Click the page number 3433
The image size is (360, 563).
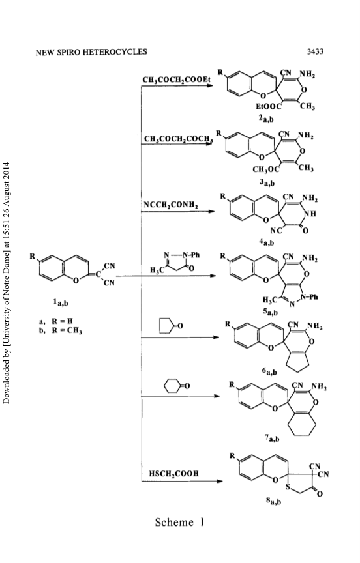pyautogui.click(x=315, y=51)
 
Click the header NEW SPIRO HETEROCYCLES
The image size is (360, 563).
pyautogui.click(x=91, y=52)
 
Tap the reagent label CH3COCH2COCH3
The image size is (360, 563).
pyautogui.click(x=178, y=139)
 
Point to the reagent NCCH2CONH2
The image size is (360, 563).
pyautogui.click(x=171, y=205)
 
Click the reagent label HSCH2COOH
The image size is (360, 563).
pyautogui.click(x=174, y=474)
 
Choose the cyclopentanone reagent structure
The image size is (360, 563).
pyautogui.click(x=171, y=326)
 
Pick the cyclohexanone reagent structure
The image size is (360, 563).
pyautogui.click(x=176, y=386)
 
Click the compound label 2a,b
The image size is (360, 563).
pyautogui.click(x=266, y=119)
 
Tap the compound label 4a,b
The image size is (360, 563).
pyautogui.click(x=267, y=242)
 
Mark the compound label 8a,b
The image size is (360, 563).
pyautogui.click(x=273, y=501)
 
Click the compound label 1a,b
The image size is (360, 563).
pyautogui.click(x=61, y=303)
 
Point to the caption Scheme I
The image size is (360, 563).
pyautogui.click(x=179, y=522)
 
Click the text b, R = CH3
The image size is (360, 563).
pyautogui.click(x=61, y=330)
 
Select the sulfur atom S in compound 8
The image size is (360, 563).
pyautogui.click(x=288, y=487)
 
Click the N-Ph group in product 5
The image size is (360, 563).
pyautogui.click(x=309, y=297)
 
